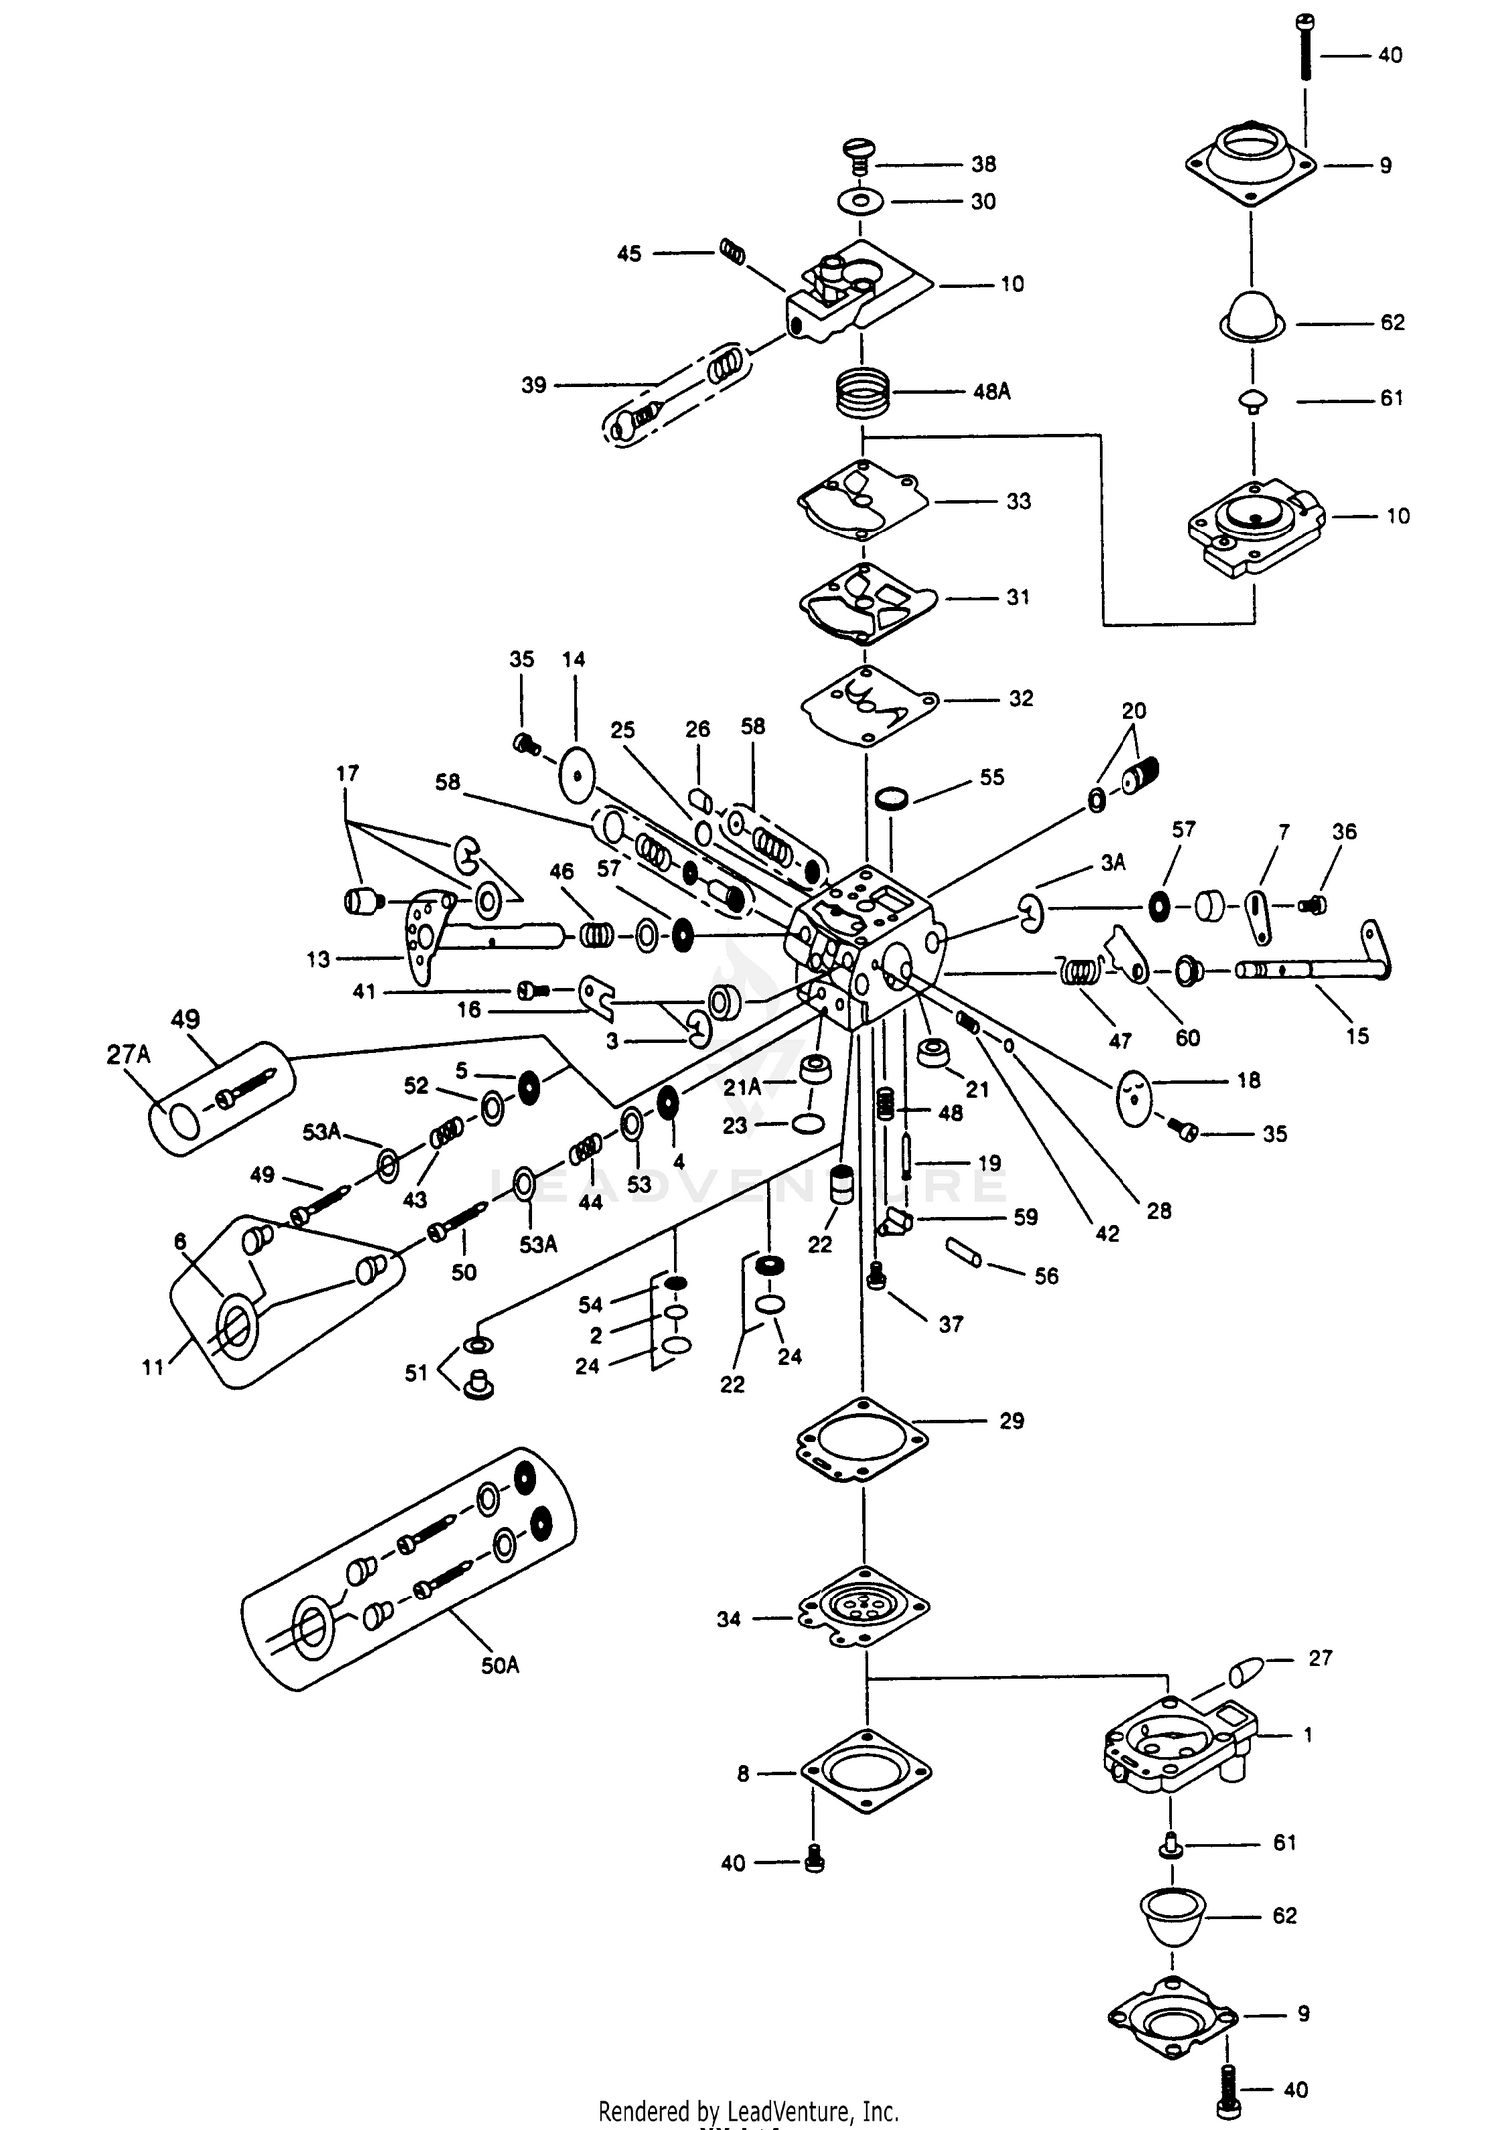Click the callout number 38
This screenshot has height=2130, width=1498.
click(x=983, y=164)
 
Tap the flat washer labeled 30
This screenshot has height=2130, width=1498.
click(x=861, y=202)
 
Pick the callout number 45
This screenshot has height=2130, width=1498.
click(x=629, y=254)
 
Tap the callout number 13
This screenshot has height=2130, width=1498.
click(x=318, y=960)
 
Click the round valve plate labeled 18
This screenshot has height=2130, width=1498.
click(x=1133, y=1098)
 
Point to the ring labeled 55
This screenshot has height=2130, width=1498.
click(x=891, y=798)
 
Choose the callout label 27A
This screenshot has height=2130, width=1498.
click(x=128, y=1055)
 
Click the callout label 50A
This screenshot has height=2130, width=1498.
click(x=500, y=1665)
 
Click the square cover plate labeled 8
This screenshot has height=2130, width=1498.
click(x=866, y=1773)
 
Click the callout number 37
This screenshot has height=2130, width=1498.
click(x=950, y=1324)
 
